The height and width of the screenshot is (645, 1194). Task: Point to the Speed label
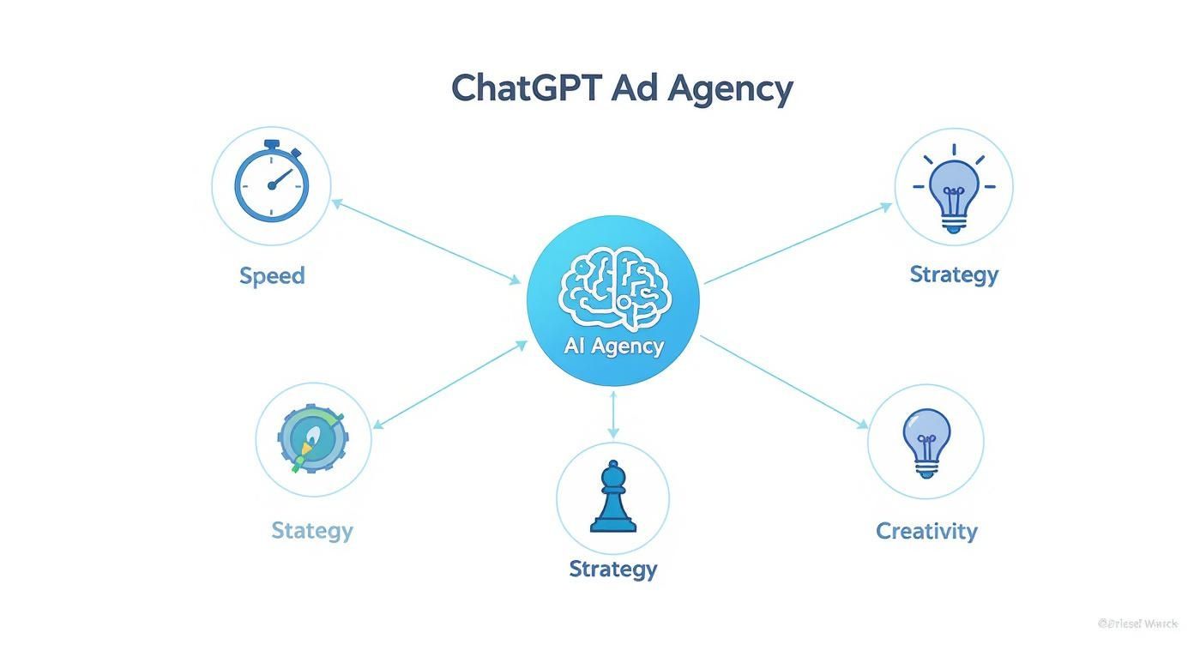pyautogui.click(x=272, y=276)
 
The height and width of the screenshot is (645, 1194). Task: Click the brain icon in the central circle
pyautogui.click(x=612, y=288)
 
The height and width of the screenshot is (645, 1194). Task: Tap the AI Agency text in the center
pyautogui.click(x=613, y=347)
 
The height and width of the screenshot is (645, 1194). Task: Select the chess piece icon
pyautogui.click(x=612, y=497)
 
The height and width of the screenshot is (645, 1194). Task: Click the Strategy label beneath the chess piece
pyautogui.click(x=612, y=569)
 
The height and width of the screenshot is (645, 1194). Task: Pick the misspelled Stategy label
pyautogui.click(x=312, y=530)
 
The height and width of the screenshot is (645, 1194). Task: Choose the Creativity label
pyautogui.click(x=926, y=531)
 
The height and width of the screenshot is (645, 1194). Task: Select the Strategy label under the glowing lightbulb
pyautogui.click(x=953, y=274)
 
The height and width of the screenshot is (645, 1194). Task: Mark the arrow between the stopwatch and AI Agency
pyautogui.click(x=427, y=241)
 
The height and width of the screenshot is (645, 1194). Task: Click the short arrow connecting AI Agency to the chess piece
pyautogui.click(x=613, y=416)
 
